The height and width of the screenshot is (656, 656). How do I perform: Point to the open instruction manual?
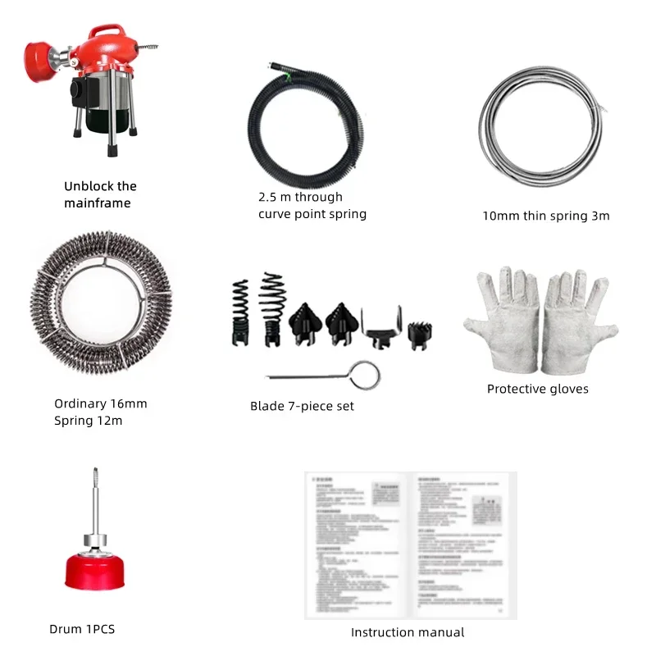411,545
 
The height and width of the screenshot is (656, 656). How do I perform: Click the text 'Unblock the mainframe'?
100,194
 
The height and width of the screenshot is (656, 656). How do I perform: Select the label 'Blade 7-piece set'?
302,406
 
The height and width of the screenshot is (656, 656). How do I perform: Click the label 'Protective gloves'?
537,389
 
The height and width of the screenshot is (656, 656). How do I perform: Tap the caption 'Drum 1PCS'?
82,629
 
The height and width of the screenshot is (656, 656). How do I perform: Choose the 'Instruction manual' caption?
408,632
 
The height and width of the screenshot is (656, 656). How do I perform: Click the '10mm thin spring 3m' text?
545,216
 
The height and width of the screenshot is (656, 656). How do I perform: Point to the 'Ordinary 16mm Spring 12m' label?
100,412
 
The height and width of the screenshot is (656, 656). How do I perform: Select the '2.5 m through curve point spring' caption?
312,205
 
